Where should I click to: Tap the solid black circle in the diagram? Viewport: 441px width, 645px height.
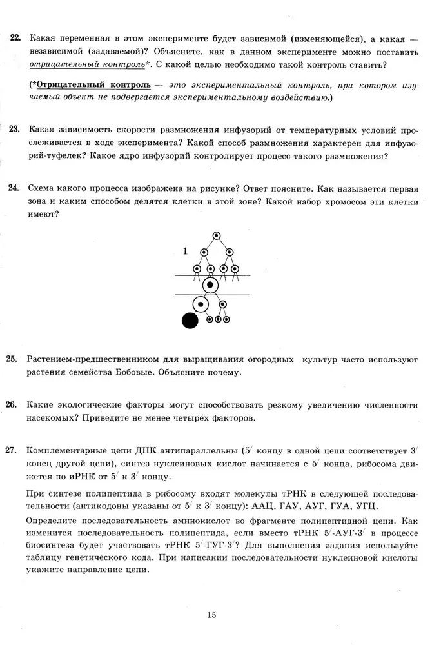(190, 319)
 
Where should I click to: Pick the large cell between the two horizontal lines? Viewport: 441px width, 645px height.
(210, 284)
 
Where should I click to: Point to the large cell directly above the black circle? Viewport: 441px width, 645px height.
(201, 303)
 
